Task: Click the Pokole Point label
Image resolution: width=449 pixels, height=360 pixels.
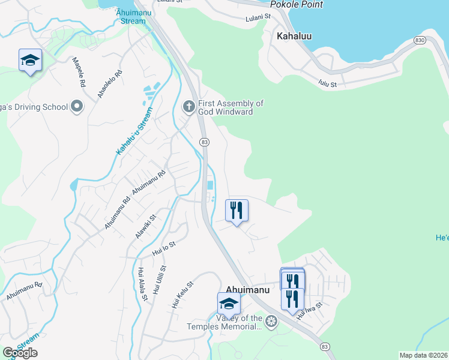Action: coord(297,5)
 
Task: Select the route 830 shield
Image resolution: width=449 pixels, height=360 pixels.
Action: coord(420,40)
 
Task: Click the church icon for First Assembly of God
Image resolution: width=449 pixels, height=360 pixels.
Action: coord(188,107)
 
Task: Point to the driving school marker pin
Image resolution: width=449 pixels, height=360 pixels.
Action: coord(76,107)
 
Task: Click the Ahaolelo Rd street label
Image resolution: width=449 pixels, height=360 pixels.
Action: coord(110,84)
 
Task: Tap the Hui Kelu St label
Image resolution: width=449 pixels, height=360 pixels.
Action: coord(182,295)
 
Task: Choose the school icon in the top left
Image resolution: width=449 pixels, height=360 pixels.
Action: coord(30,60)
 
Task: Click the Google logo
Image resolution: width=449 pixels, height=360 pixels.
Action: coord(20,353)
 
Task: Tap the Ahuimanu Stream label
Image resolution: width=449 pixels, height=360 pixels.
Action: coord(131,17)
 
